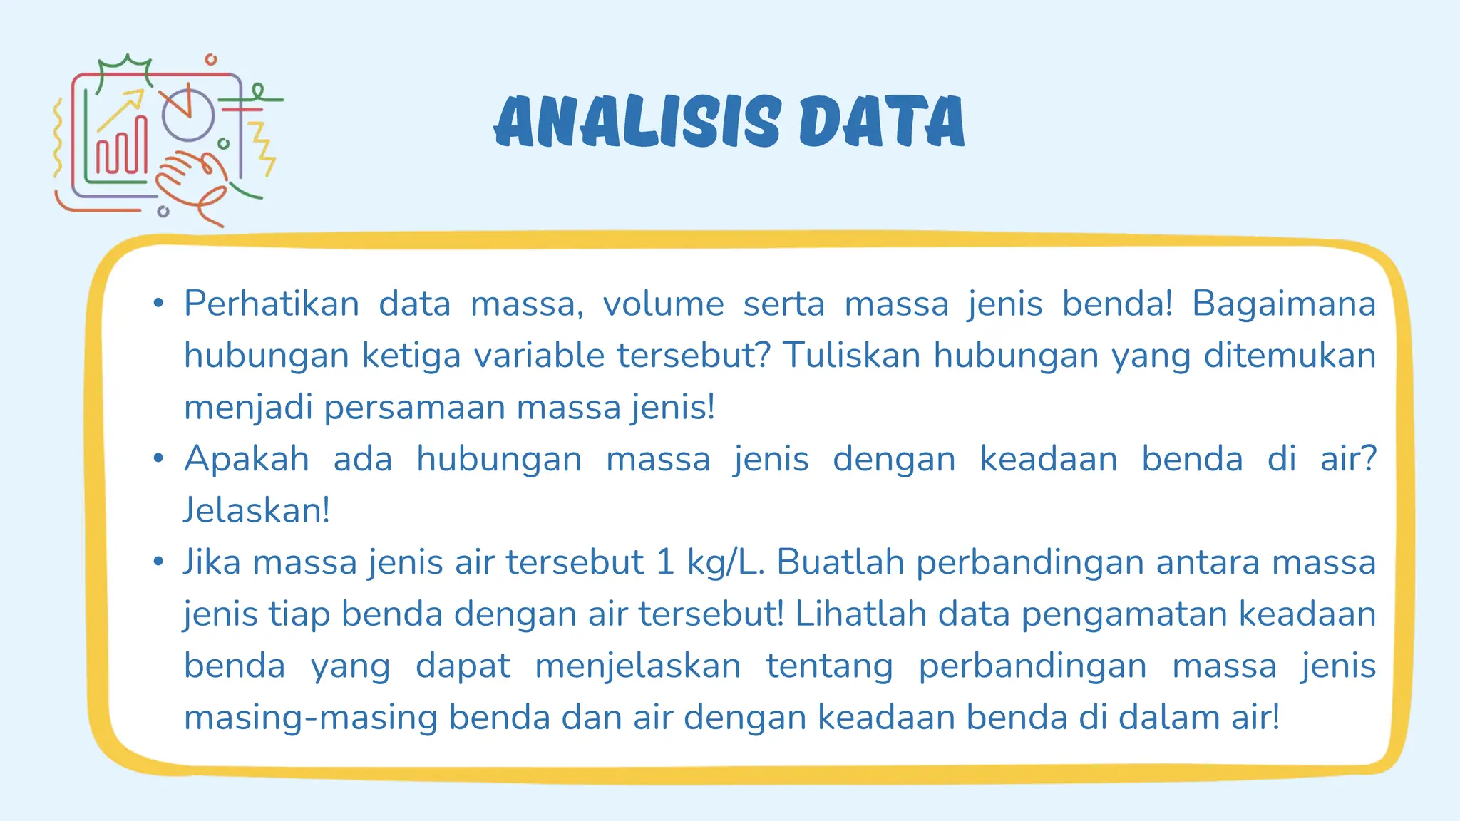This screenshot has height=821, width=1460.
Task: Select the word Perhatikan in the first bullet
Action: click(x=272, y=304)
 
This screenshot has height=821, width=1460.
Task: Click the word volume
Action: click(x=663, y=304)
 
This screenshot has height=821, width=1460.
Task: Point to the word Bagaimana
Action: click(x=1283, y=304)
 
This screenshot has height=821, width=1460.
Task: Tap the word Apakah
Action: click(x=247, y=459)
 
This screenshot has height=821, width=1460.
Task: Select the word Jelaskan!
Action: click(x=257, y=510)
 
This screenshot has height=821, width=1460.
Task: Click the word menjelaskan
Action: click(x=637, y=666)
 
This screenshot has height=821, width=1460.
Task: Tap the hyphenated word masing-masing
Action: click(x=310, y=718)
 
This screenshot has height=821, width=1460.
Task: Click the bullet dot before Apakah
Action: click(x=158, y=458)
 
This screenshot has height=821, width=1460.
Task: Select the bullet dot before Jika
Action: click(x=158, y=562)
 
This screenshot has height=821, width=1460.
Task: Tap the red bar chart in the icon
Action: click(x=122, y=149)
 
